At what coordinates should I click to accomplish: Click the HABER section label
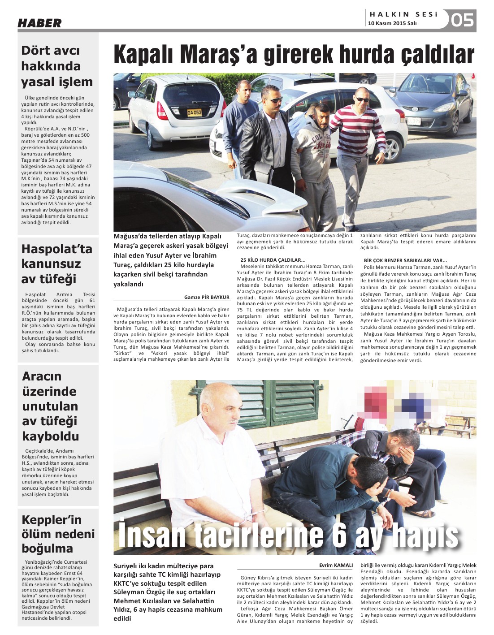click(x=39, y=23)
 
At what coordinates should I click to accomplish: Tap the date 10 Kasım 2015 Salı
click(x=392, y=23)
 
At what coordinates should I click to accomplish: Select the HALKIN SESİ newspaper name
click(x=403, y=14)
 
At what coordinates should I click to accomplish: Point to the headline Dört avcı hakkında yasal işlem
click(x=57, y=66)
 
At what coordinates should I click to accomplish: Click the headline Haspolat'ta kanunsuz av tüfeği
click(x=56, y=264)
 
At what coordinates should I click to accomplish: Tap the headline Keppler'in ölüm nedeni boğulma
click(x=58, y=534)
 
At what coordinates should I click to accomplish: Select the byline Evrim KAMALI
click(x=336, y=565)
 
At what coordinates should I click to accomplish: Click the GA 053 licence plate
click(x=194, y=112)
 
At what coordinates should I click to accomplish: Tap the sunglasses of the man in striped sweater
click(x=362, y=99)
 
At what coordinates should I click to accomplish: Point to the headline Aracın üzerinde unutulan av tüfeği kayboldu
click(x=50, y=406)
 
